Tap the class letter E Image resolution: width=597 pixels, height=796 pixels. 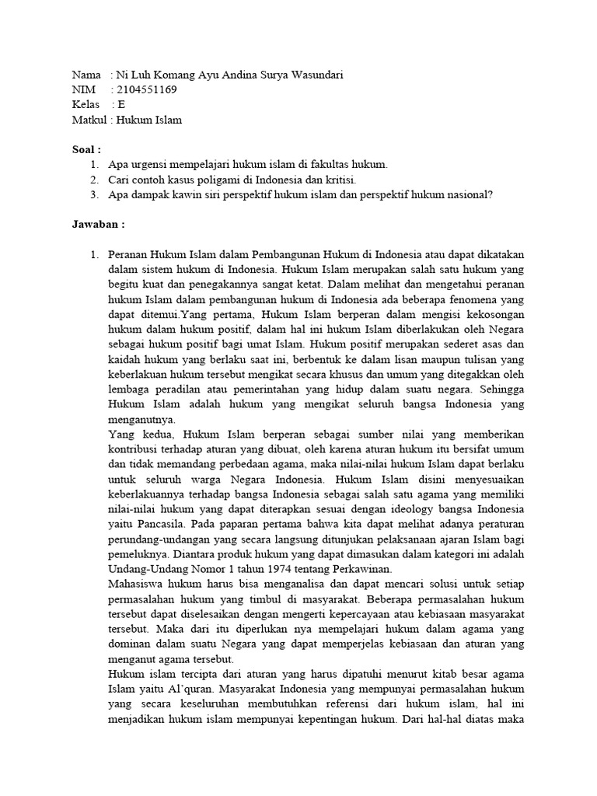121,104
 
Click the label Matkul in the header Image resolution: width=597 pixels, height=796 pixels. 89,119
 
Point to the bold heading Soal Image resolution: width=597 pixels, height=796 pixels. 86,149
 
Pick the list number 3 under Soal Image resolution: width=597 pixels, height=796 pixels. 93,194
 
